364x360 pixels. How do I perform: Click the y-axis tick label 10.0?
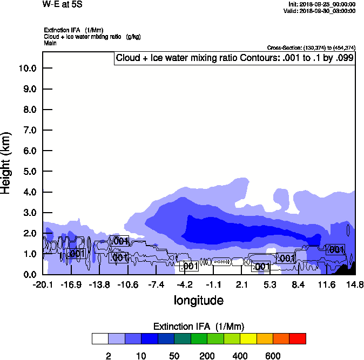click(x=27, y=69)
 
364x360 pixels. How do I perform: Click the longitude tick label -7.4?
click(x=156, y=284)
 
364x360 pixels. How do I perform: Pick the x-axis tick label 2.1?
click(x=241, y=284)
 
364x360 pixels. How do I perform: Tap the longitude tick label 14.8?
click(x=354, y=284)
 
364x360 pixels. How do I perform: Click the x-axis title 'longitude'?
click(x=198, y=300)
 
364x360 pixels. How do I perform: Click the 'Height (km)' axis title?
click(x=6, y=162)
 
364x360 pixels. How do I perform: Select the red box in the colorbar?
click(x=298, y=338)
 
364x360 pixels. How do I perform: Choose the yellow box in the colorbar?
click(x=248, y=338)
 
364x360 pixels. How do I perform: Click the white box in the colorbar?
click(x=100, y=338)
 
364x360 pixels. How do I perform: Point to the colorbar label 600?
click(x=273, y=356)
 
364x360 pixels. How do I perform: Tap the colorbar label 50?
click(x=174, y=356)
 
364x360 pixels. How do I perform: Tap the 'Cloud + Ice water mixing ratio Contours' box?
click(x=234, y=58)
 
